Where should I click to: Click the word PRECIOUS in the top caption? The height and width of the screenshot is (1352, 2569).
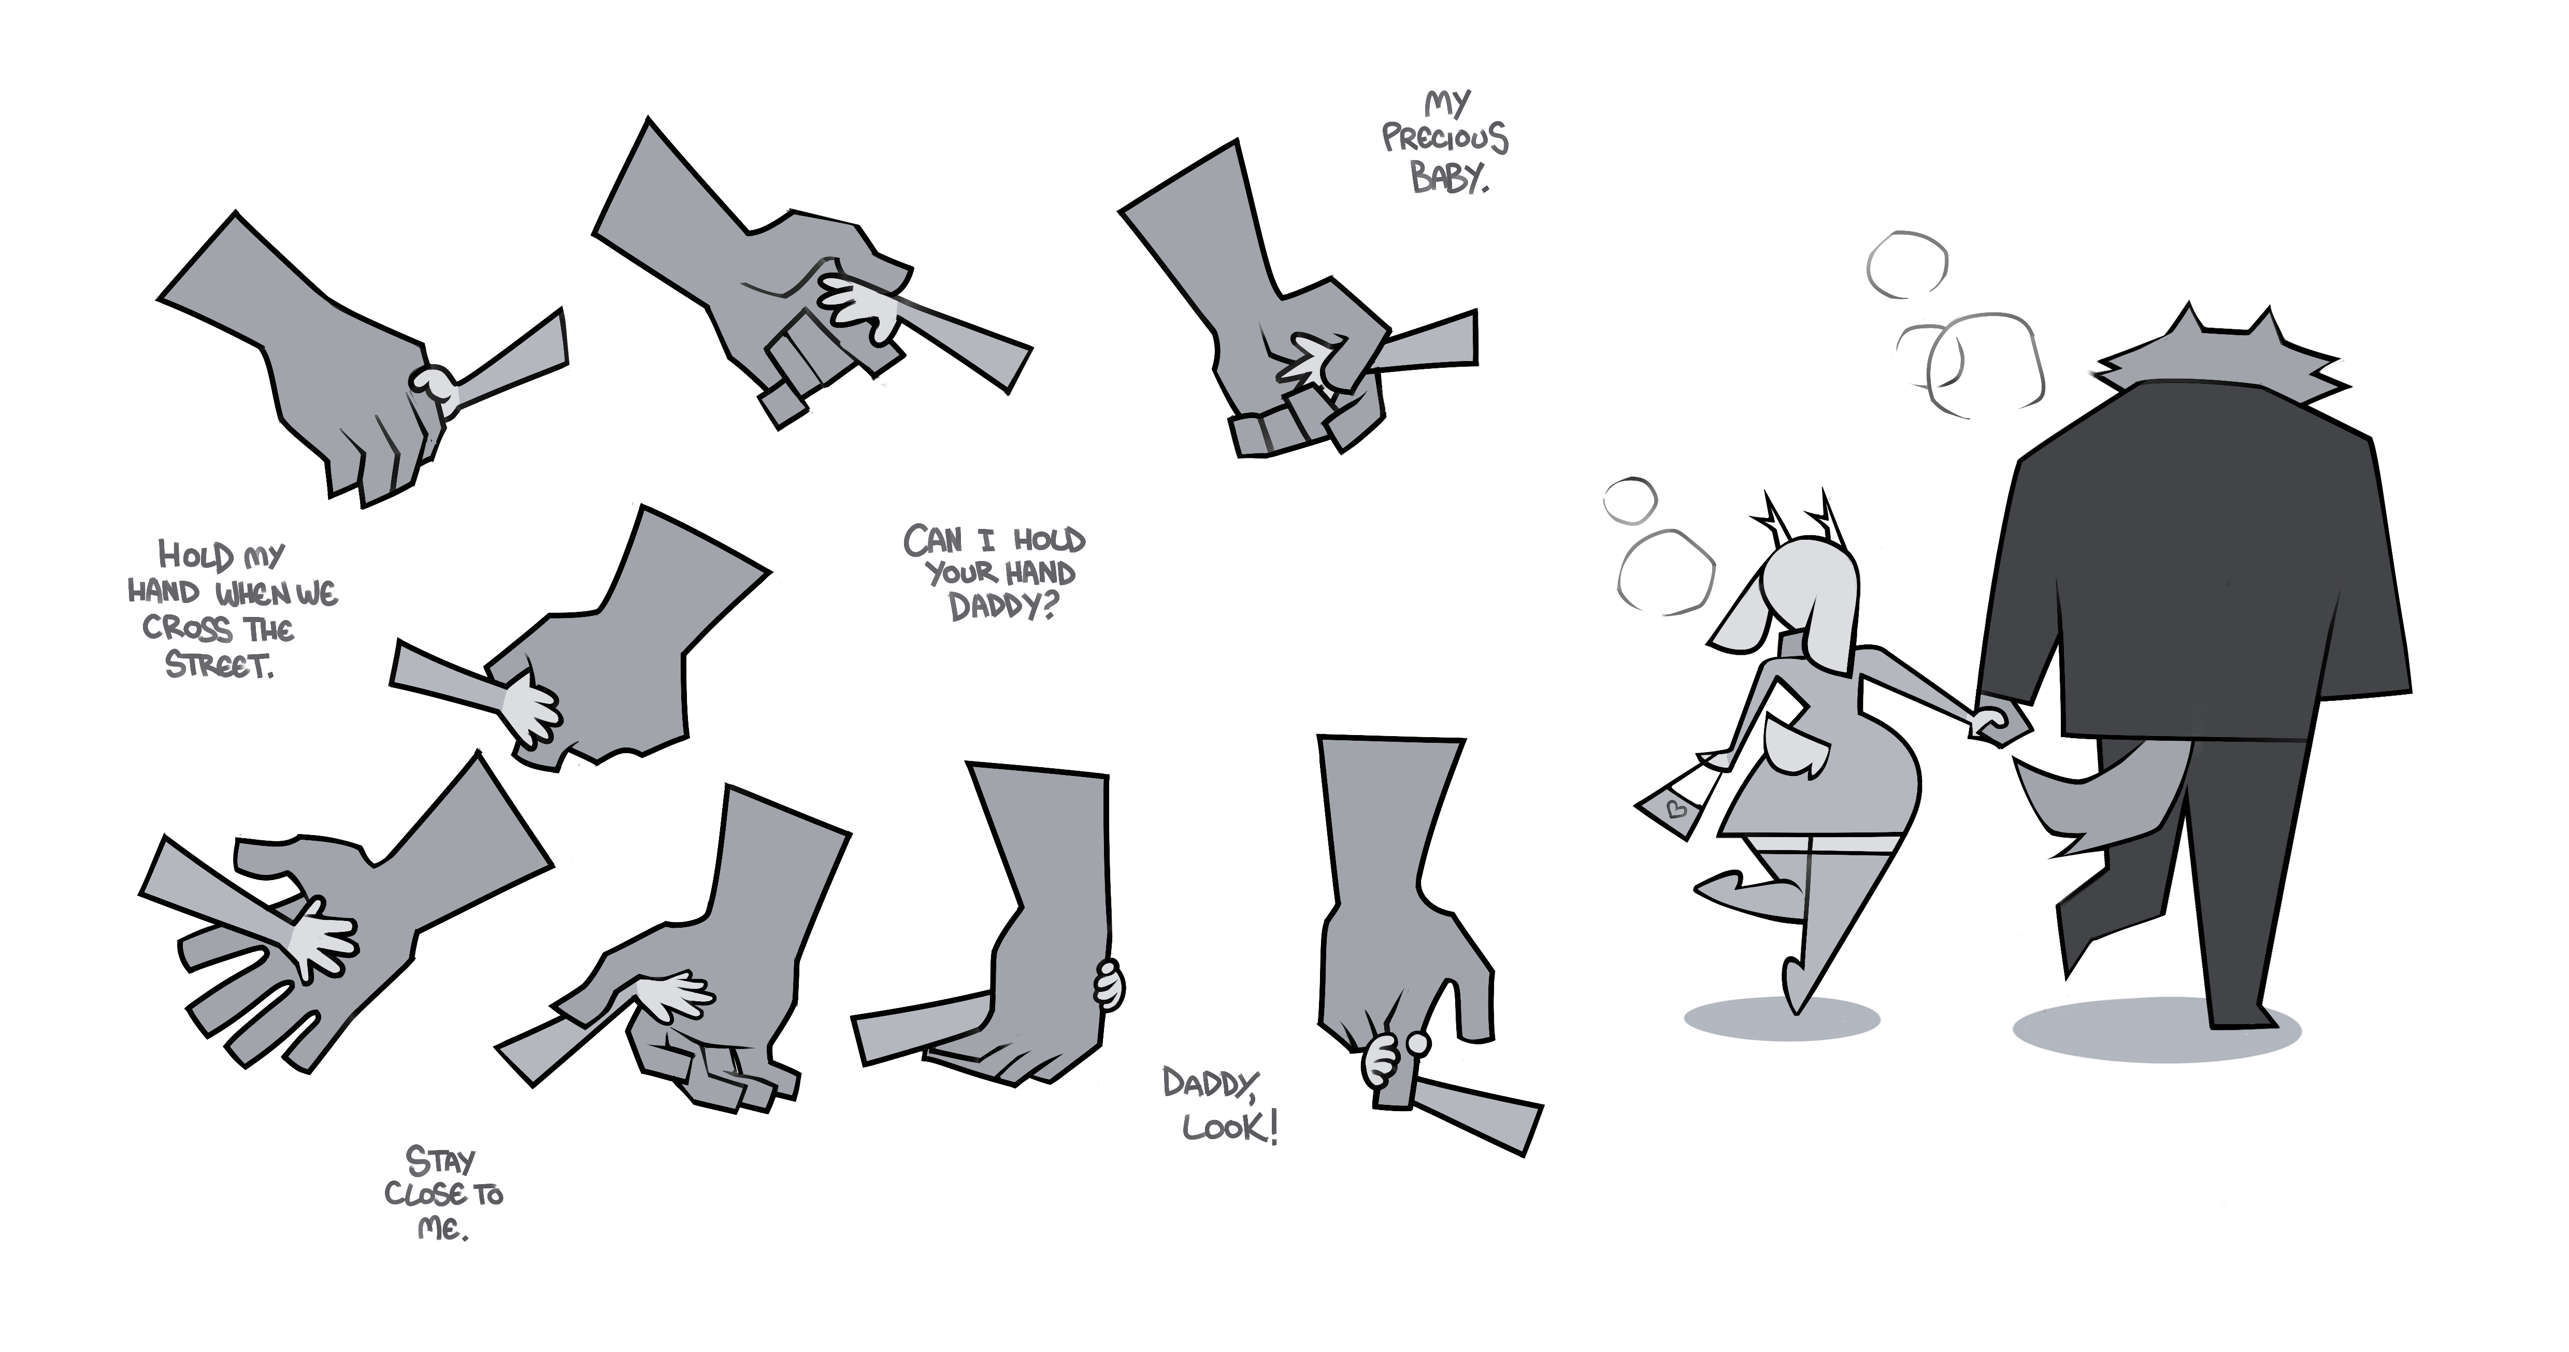click(x=1445, y=139)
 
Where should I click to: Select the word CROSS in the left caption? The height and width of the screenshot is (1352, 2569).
click(x=188, y=628)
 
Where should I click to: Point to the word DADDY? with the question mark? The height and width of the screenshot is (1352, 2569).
click(x=1002, y=605)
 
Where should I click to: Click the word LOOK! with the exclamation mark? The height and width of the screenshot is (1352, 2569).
click(x=1230, y=1128)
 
